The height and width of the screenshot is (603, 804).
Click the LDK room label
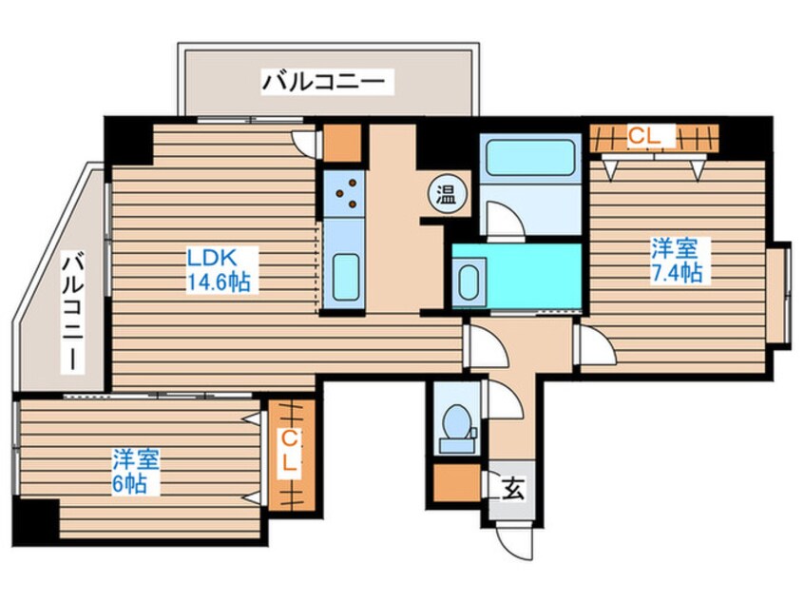(210, 258)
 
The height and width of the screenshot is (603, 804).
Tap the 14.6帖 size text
(218, 282)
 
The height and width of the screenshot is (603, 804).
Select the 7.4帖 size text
(676, 274)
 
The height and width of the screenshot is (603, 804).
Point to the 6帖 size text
(133, 484)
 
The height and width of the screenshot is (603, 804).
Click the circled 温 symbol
(445, 194)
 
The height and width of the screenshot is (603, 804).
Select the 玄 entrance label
(512, 490)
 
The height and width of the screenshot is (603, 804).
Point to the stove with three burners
(344, 191)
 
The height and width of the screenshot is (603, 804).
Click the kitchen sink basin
(343, 275)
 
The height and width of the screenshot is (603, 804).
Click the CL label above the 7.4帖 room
(642, 138)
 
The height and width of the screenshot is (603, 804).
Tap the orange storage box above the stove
(342, 143)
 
